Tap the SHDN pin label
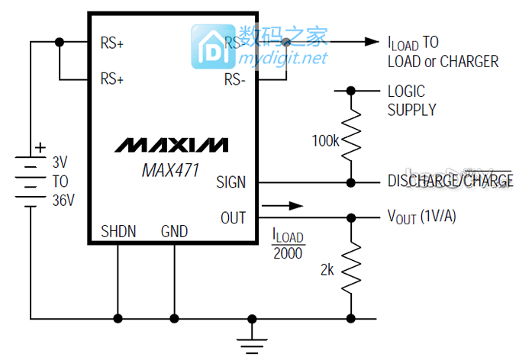tap(118, 231)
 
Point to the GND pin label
tap(174, 231)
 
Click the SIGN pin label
tap(231, 182)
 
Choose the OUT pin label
tap(234, 218)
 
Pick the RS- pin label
tap(234, 79)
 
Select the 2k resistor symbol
tap(351, 267)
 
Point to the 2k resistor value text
tap(328, 269)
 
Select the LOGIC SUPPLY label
tap(411, 100)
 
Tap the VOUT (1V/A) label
tap(422, 217)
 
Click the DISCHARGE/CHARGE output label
tap(450, 182)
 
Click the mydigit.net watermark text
tap(283, 58)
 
